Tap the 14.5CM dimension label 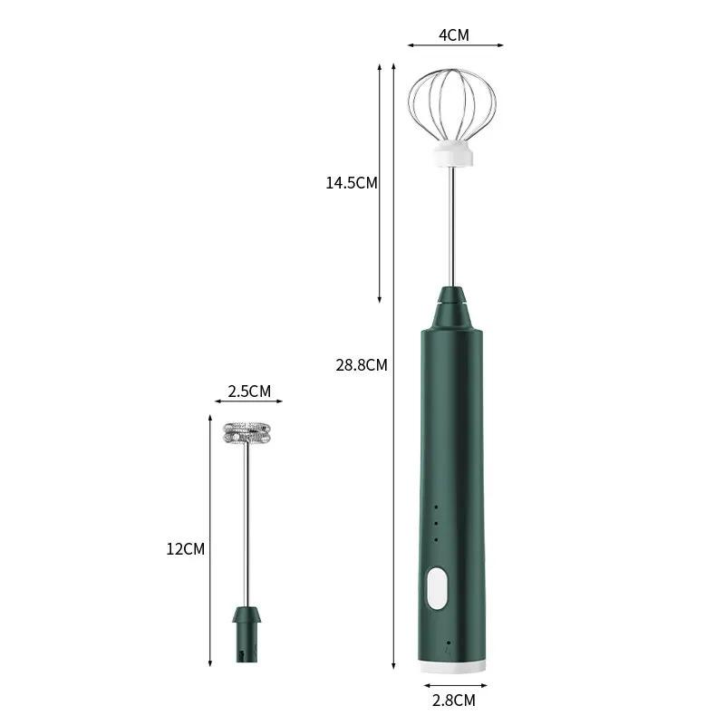tap(352, 183)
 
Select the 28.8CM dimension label tap(362, 366)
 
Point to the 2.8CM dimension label tap(453, 700)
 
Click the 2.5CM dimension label tap(247, 391)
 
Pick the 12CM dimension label tap(187, 548)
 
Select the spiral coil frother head tap(247, 433)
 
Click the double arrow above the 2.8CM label tap(453, 684)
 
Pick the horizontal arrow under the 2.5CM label tap(247, 402)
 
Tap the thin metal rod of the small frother tap(247, 526)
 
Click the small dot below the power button tap(448, 643)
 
